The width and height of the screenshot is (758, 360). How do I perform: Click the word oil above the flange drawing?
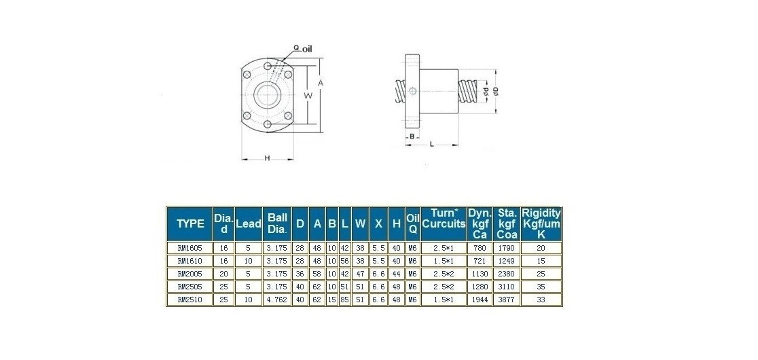tap(307, 49)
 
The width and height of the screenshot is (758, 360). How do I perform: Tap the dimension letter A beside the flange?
tap(320, 83)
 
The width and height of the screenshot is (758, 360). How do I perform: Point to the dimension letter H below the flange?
tap(267, 158)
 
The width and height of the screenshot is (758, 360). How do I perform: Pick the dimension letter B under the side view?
tap(412, 137)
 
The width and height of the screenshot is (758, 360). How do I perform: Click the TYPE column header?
tap(190, 223)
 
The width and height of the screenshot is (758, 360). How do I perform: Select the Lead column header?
tap(248, 223)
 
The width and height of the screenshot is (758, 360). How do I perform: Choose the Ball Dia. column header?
tap(278, 223)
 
